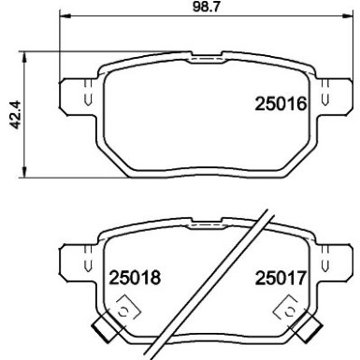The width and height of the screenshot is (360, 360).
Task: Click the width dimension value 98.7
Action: (x=194, y=8)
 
